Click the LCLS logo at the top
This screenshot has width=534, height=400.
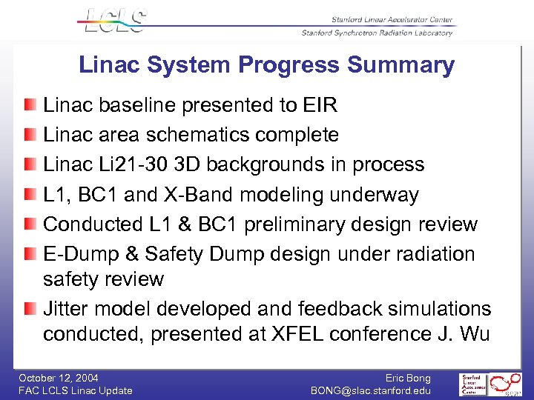113,21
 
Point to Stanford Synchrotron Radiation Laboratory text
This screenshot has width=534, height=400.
377,33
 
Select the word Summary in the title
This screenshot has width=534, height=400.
400,65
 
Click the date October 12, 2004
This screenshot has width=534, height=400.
59,378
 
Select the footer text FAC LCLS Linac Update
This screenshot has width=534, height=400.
76,390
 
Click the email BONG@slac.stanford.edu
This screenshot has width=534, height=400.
370,390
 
